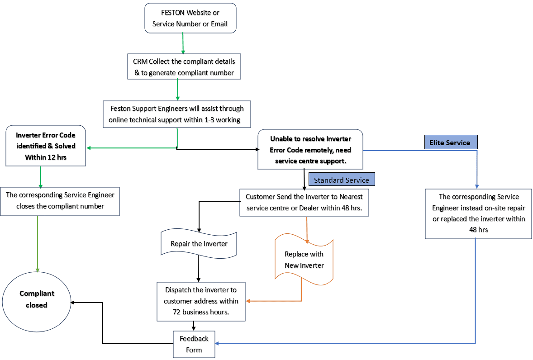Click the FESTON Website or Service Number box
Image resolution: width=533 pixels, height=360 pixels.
coord(190,18)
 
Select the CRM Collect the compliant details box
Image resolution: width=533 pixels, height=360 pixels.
coord(184,66)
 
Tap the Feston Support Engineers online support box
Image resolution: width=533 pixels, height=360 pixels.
coord(176,114)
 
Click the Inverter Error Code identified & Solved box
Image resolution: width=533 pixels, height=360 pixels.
coord(46,146)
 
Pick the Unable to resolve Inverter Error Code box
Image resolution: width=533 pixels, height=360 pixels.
coord(310,150)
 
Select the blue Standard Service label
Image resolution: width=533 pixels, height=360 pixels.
coord(342,180)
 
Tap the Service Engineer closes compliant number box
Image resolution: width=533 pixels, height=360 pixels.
coord(60,201)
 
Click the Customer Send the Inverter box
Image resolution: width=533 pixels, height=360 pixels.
coord(304,202)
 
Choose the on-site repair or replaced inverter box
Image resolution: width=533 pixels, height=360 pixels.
coord(478,213)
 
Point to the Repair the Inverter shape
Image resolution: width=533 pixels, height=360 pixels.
coord(199,243)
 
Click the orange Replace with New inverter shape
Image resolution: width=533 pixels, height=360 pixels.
coord(304,260)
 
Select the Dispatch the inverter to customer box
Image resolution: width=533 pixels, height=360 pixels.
coord(201,301)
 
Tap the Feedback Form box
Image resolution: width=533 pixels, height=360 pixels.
coord(194,344)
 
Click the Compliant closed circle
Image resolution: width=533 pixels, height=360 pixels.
coord(37,299)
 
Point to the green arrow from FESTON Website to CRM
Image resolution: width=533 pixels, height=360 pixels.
coord(183,43)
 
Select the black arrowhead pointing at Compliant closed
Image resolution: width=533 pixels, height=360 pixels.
coord(73,303)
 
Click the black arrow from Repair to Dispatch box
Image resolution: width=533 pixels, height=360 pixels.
coord(199,269)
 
